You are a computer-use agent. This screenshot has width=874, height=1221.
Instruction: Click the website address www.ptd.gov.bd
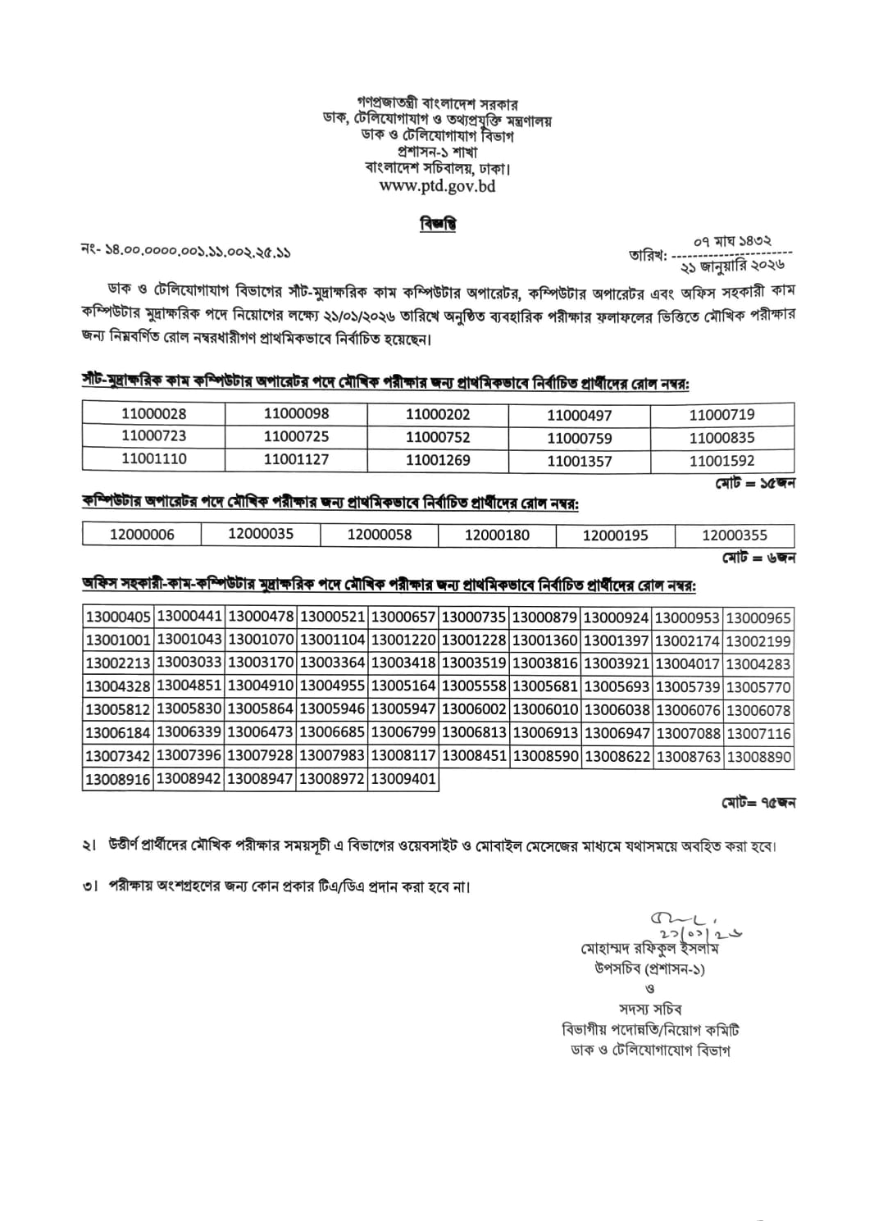[x=437, y=186]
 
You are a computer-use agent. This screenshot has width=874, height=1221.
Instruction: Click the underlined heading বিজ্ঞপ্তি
[x=437, y=224]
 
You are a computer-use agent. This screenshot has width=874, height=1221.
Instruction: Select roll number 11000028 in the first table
[x=153, y=414]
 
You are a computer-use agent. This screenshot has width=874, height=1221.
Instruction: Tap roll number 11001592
[x=722, y=461]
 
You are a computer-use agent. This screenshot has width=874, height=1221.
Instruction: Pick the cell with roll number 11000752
[x=438, y=437]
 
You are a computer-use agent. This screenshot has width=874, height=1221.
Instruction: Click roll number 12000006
[x=142, y=535]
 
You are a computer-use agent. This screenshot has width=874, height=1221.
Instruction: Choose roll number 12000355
[x=735, y=535]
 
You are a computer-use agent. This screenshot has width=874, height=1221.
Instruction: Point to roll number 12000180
[x=497, y=535]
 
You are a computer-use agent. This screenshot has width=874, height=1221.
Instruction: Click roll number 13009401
[x=403, y=779]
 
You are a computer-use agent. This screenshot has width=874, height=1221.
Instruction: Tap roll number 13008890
[x=759, y=757]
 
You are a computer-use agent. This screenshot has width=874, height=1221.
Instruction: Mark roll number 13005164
[x=403, y=687]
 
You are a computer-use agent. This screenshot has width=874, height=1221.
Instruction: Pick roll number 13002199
[x=759, y=641]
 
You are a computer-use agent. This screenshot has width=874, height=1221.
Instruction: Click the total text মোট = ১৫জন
[x=754, y=483]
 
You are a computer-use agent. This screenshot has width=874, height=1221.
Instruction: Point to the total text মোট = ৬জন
[x=758, y=558]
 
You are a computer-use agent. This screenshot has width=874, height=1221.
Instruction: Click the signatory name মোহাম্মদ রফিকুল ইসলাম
[x=650, y=949]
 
